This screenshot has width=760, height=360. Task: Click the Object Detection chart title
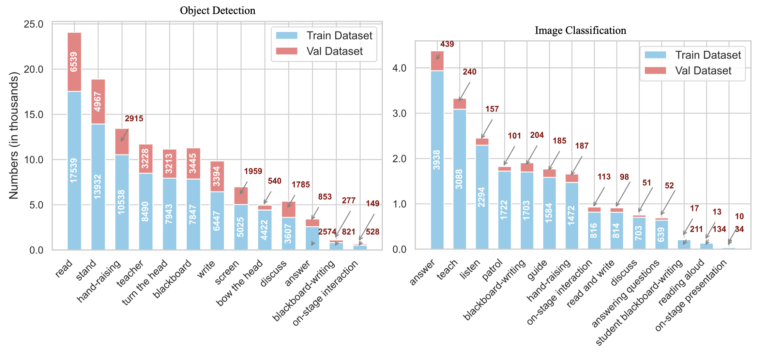218,11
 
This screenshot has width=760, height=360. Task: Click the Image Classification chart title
580,31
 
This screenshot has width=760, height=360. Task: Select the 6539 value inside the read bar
74,62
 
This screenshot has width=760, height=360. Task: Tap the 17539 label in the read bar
74,170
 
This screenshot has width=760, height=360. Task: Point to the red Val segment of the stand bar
98,101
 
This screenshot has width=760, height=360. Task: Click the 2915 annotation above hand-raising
134,119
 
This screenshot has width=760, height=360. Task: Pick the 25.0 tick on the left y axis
34,24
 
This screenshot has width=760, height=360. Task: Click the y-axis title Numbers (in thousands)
14,135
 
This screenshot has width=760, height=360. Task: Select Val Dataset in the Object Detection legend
334,51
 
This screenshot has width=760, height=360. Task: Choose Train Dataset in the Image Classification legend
708,55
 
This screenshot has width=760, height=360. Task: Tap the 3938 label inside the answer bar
437,160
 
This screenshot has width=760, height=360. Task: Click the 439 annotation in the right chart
447,44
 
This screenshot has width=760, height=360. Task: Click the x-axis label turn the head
145,282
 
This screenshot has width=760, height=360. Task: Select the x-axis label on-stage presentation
691,295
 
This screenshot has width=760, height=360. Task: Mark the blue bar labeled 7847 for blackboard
193,214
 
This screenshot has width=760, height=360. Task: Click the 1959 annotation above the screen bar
253,172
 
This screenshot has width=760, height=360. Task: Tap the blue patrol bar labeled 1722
504,210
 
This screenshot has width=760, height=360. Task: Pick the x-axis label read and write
590,284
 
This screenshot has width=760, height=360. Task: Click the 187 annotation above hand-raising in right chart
582,146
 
